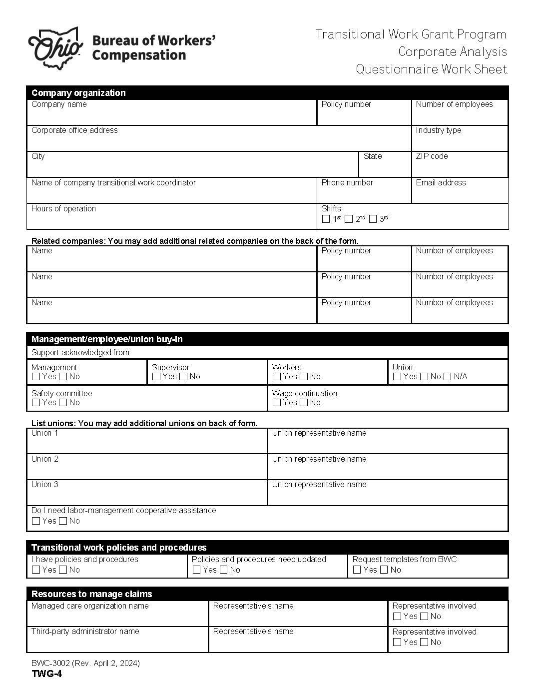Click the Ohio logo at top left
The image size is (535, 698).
(55, 48)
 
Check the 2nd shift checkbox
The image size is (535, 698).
(349, 219)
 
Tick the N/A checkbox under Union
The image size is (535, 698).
(447, 377)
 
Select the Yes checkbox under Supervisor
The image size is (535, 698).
(156, 377)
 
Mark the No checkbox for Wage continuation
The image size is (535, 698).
(304, 403)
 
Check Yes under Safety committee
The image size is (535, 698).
(36, 403)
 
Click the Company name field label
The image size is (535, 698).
(59, 104)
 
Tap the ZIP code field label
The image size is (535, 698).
(432, 156)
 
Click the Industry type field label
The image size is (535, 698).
(438, 130)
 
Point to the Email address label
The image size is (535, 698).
(441, 183)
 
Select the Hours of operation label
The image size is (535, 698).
(63, 209)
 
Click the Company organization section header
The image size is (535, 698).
(78, 93)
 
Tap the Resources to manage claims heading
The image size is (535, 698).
(91, 594)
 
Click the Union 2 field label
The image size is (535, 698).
(45, 459)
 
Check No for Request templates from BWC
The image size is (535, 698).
(384, 570)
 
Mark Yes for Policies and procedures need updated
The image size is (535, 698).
(197, 570)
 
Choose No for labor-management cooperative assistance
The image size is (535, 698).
(63, 521)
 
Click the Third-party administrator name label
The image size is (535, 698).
(85, 632)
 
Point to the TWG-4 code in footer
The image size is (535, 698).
(46, 674)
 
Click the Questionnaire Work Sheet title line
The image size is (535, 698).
(431, 69)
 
